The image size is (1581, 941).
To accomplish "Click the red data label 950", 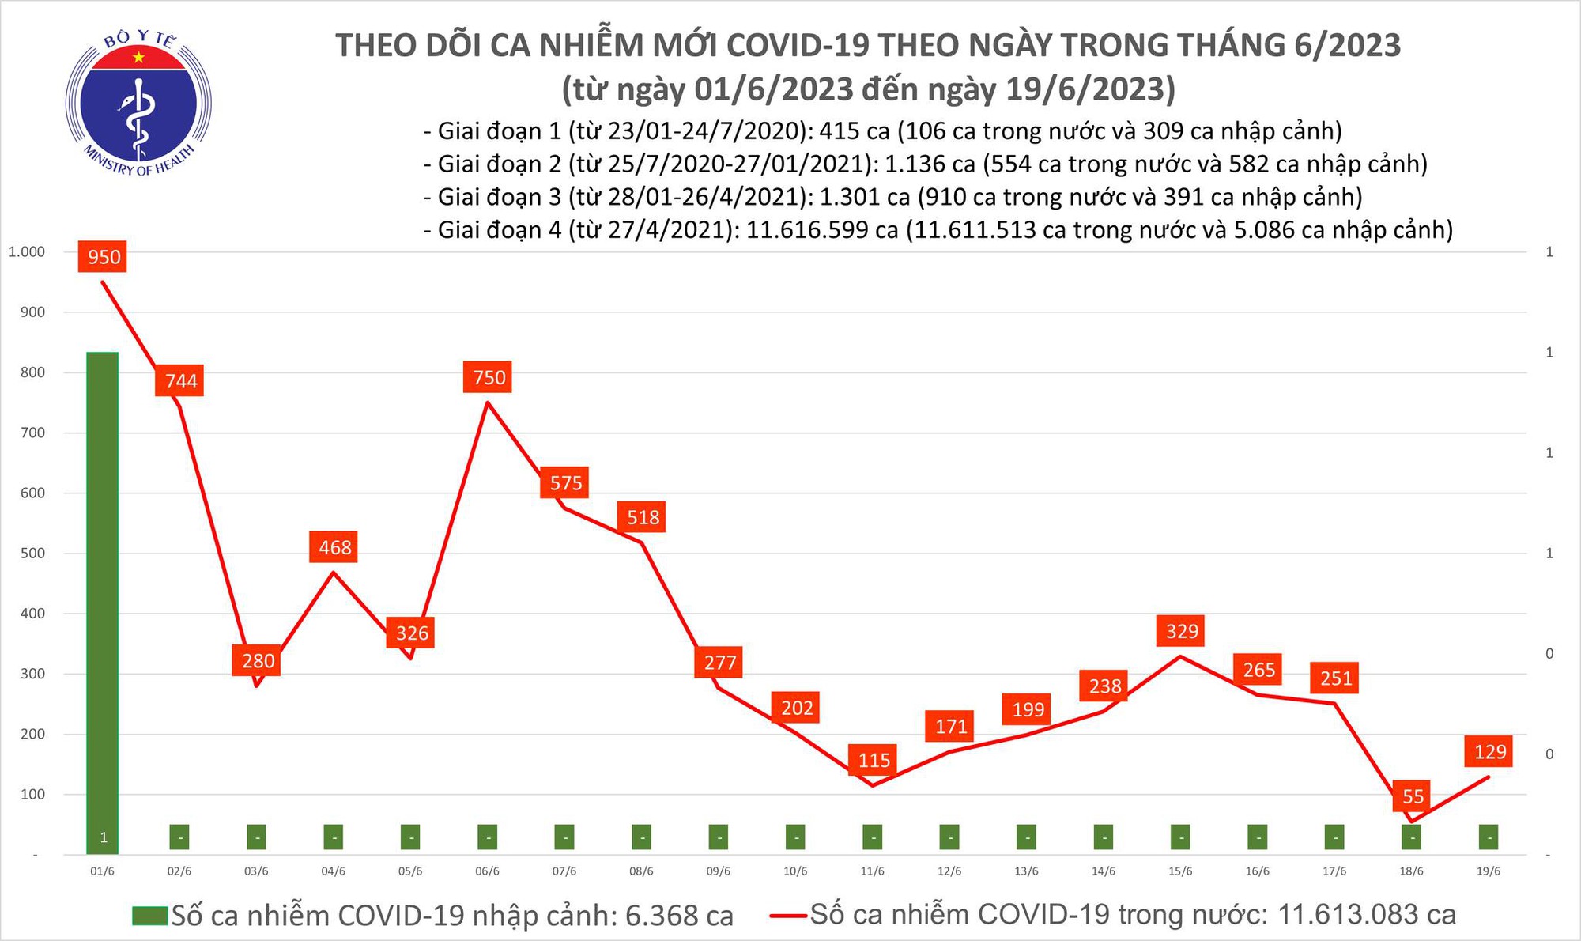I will coord(104,257).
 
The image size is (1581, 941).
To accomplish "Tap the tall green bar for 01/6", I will coord(103,601).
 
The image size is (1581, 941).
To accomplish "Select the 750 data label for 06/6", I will coord(489,377).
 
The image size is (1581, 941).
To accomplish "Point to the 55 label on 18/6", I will coord(1413,796).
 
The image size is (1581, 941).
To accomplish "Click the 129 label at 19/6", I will coord(1490,751).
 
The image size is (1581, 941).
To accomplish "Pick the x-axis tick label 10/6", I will coord(795,871).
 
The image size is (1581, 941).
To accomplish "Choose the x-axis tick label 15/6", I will coord(1180,871).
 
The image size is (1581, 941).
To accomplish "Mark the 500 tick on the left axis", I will coord(32,554).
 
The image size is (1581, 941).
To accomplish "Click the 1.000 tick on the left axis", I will coord(27,252).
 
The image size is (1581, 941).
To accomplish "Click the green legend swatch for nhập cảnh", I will coord(150,916).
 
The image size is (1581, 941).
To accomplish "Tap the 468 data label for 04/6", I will coord(334,547).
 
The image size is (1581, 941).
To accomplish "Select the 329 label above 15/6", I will coord(1182,631).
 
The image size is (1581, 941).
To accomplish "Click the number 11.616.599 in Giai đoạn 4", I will coord(822,230).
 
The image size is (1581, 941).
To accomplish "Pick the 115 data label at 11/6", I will coord(874,760).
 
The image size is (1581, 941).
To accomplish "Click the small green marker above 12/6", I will coord(949,837).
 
